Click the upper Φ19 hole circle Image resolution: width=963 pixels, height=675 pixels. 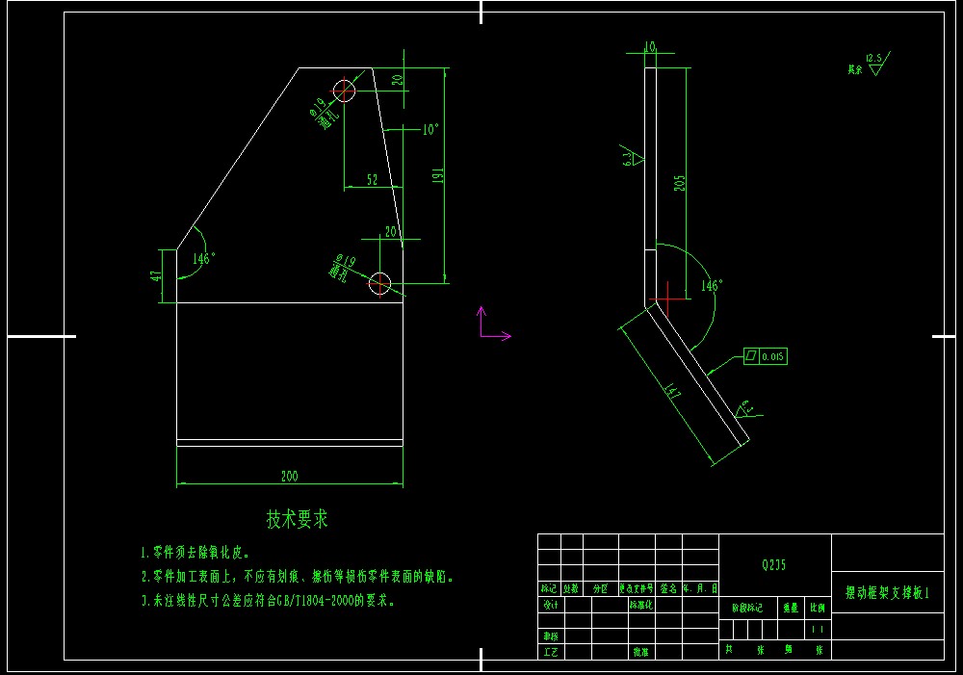345,91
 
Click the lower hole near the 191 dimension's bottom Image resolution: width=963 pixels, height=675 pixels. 379,283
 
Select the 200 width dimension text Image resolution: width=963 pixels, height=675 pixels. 289,476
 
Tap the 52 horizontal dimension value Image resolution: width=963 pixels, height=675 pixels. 372,179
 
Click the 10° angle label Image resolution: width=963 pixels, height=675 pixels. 429,128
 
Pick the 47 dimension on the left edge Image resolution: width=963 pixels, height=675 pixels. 156,276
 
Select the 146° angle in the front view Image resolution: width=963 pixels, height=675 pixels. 203,258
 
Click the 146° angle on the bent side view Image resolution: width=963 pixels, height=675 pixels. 712,286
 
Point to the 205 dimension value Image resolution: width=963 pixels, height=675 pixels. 680,183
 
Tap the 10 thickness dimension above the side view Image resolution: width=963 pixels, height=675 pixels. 649,45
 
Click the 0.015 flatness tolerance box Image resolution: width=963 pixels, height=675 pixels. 765,356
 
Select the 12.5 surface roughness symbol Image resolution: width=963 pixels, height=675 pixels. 874,60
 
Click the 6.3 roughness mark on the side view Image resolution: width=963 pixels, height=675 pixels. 631,158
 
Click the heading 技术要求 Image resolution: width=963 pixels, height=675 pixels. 298,519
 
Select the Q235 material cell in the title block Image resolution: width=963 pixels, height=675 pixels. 773,565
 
